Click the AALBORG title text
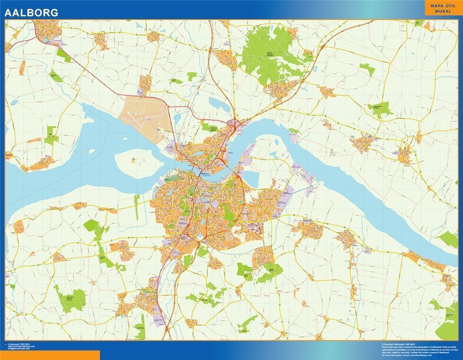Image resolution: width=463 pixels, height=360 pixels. point(31,13)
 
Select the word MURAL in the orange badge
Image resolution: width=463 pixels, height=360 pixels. point(443,11)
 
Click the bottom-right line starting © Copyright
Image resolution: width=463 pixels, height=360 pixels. point(401,344)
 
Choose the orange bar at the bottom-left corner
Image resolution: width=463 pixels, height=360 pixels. point(50,355)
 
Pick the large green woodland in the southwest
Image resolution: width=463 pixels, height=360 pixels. point(70,299)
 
